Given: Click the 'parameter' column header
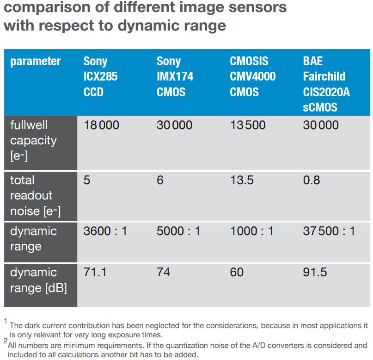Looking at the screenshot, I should click(35, 61).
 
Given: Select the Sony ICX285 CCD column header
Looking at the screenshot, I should click(100, 76).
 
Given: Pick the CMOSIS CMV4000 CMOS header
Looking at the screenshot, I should click(252, 76).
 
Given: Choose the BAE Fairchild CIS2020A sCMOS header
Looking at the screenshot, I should click(326, 84).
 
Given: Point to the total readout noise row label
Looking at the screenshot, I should click(31, 195).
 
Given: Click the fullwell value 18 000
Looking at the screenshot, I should click(101, 125).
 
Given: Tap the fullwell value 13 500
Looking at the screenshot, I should click(248, 125).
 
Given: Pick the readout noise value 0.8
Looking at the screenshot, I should click(312, 180).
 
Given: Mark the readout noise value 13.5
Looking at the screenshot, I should click(242, 180).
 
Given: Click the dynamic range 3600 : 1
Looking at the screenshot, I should click(105, 231).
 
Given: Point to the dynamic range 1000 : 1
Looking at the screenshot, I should click(251, 231).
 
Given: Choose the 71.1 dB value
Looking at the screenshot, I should click(95, 272).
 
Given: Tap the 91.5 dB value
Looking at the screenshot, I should click(315, 272).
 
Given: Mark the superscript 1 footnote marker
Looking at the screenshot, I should click(6, 320).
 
